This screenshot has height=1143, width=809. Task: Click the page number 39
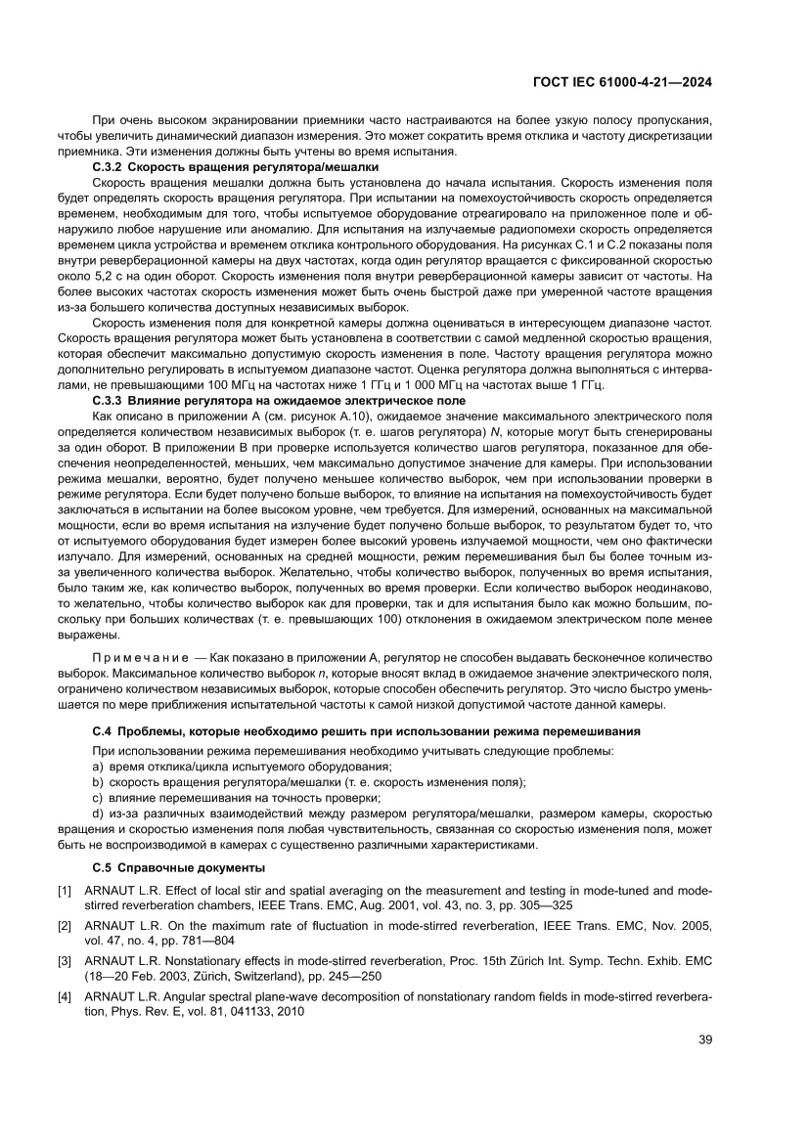click(704, 1039)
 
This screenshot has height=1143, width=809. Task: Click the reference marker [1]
click(65, 891)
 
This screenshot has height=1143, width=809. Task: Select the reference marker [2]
click(65, 925)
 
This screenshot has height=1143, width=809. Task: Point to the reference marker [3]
click(65, 959)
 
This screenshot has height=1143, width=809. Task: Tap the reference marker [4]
click(65, 993)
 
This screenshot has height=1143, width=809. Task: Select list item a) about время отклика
click(186, 768)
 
